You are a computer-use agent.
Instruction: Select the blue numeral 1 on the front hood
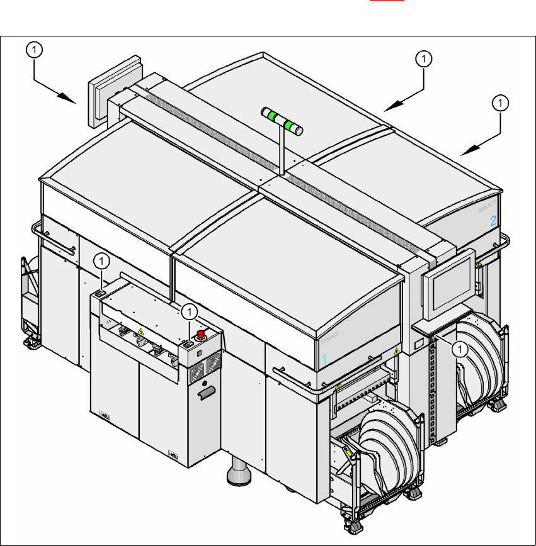click(x=325, y=359)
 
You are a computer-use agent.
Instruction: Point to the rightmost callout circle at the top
click(x=501, y=102)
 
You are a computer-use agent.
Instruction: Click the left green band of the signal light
click(x=271, y=116)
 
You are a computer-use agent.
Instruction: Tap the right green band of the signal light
click(x=290, y=126)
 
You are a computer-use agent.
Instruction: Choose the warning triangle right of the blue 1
click(x=396, y=351)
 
